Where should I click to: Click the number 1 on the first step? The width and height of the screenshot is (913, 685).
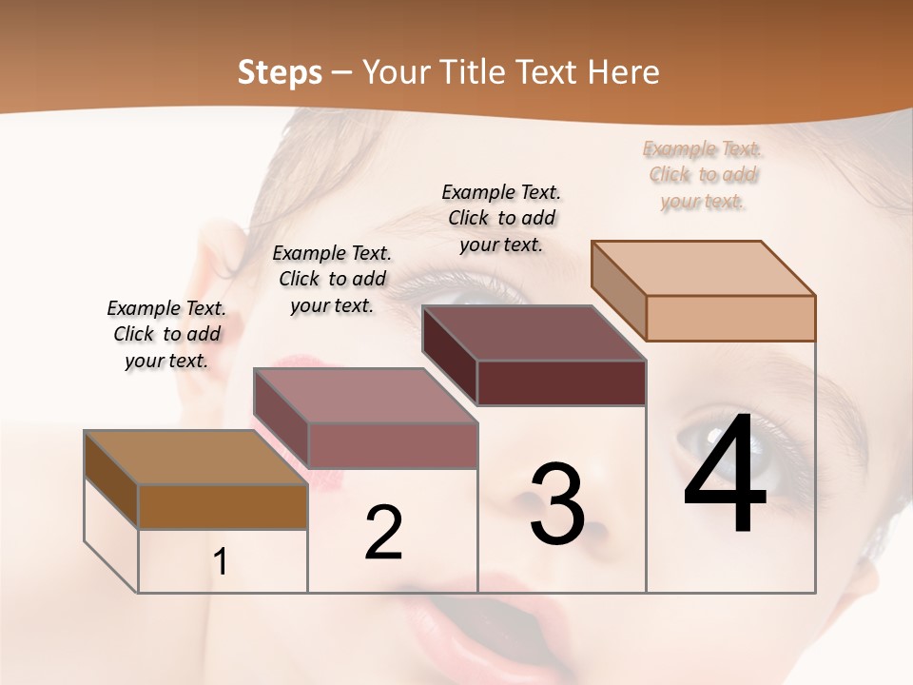(221, 562)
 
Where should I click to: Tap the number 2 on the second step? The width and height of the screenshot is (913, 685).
(383, 533)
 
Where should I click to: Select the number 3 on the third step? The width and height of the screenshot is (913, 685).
(557, 504)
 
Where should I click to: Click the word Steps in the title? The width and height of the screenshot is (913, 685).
(280, 72)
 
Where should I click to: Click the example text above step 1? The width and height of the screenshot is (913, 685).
(166, 334)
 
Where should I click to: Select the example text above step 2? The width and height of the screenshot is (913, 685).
(332, 279)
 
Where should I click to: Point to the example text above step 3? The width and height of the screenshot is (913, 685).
(501, 218)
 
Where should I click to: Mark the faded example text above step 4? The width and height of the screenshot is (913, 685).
(703, 174)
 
